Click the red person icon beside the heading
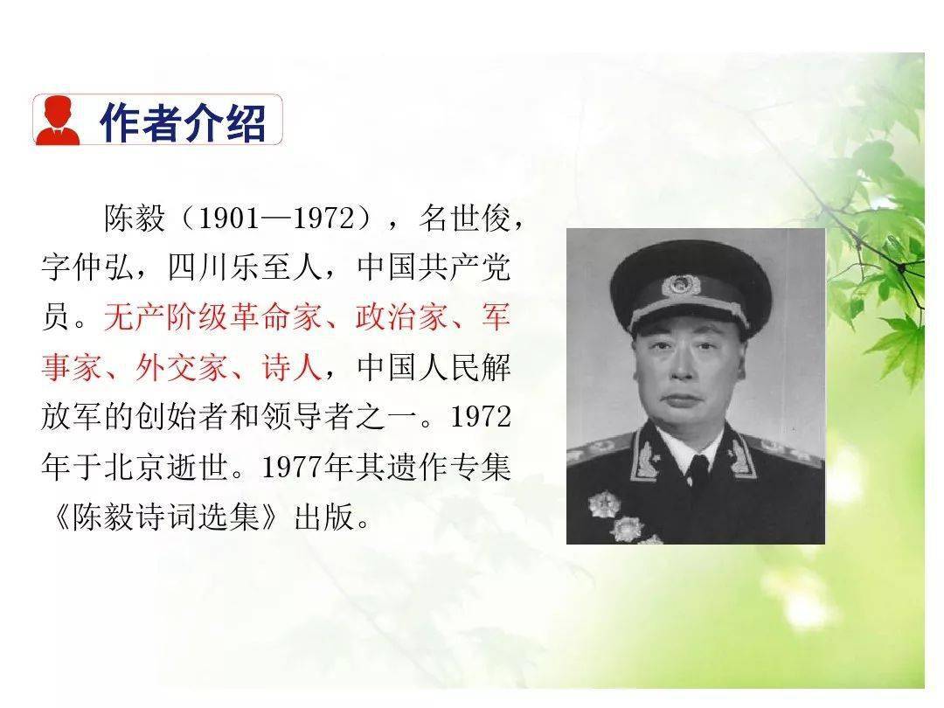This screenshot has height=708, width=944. coord(58,121)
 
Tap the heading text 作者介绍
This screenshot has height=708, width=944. coord(183,122)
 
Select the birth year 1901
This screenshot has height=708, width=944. coord(229,218)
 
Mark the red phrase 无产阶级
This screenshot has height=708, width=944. coord(166,317)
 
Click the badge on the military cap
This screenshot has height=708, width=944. coord(681,285)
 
